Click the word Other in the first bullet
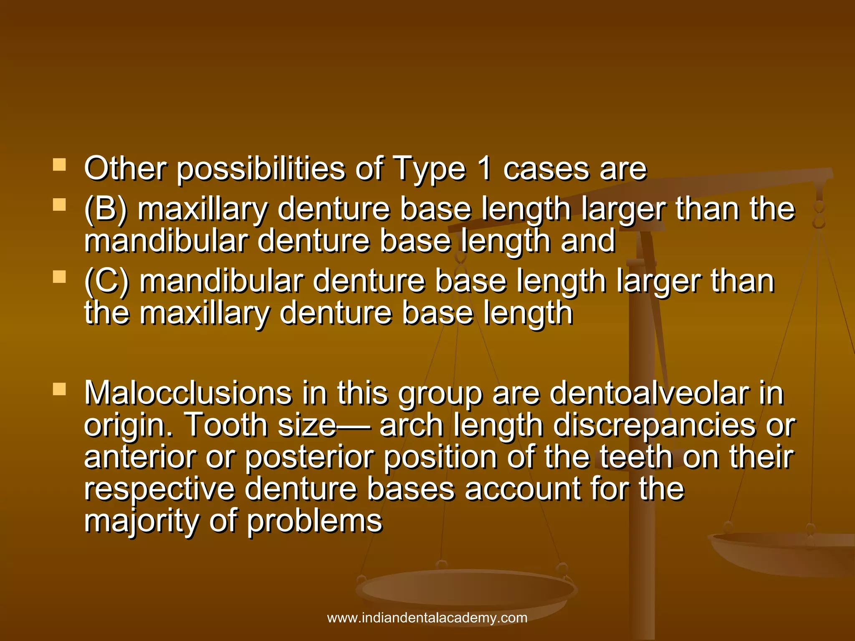tap(125, 168)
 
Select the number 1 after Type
tap(484, 168)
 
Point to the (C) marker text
tap(106, 281)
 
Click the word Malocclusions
tap(188, 393)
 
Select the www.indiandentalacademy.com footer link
tap(427, 618)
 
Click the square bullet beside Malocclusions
tap(60, 389)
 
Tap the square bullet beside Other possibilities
tap(60, 165)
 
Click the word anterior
tap(139, 457)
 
